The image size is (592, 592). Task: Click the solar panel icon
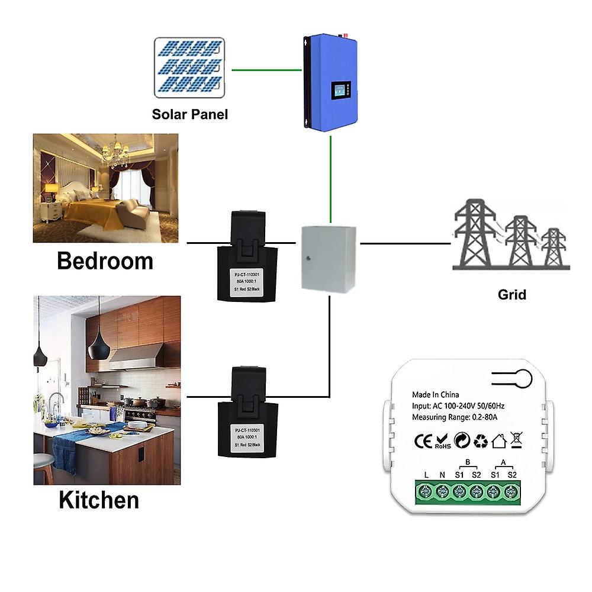189,67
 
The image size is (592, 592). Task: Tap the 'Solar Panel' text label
189,114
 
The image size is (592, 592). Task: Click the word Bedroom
105,260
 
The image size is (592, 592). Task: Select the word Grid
511,294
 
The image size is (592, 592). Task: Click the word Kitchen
99,500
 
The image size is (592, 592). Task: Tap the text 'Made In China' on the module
435,395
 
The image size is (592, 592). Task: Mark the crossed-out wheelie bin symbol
516,440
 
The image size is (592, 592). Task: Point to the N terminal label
442,474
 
